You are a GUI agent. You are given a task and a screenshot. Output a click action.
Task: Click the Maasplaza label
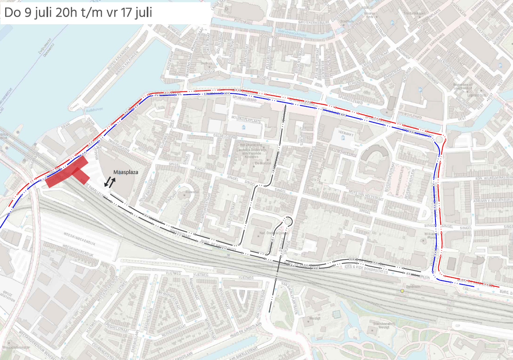pyautogui.click(x=126, y=172)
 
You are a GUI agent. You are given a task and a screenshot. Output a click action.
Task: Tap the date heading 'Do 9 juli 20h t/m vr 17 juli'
pyautogui.click(x=78, y=12)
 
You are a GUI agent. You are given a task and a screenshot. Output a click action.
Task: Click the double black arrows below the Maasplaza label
pyautogui.click(x=110, y=182)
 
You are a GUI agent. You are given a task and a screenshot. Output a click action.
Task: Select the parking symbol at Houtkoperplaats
pyautogui.click(x=243, y=127)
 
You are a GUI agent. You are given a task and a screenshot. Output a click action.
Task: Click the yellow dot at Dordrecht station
pyautogui.click(x=402, y=291)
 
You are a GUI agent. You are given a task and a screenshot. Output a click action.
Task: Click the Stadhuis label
pyautogui.click(x=348, y=21)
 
